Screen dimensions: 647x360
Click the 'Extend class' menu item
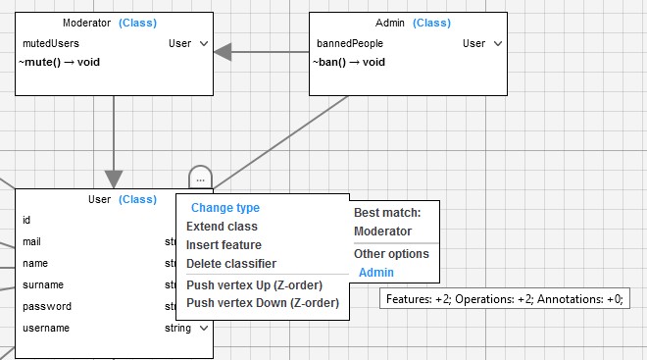[222, 227]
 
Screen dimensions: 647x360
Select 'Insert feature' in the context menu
[224, 245]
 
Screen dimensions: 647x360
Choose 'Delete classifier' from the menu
[231, 264]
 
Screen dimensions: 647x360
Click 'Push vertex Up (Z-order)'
[254, 284]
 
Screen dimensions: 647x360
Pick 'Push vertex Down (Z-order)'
[263, 303]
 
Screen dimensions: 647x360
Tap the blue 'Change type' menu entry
[225, 208]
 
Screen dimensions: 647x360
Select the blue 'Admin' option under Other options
[375, 273]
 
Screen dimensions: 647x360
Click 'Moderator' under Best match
[382, 231]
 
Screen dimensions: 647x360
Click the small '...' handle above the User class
[201, 178]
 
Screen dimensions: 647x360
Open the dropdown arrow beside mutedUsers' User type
[204, 43]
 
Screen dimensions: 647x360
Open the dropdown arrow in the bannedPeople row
[498, 43]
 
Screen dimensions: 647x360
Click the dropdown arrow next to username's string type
[204, 329]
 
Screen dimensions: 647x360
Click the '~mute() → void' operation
[60, 63]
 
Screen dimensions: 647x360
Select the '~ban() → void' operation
[349, 63]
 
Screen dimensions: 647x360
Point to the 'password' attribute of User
[47, 306]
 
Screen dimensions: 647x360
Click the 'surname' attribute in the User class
[43, 284]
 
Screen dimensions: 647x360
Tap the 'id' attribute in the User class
[26, 220]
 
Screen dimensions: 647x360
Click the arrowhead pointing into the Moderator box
[223, 52]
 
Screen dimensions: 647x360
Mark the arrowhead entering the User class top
[114, 180]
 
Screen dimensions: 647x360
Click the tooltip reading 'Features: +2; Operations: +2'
[505, 298]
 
